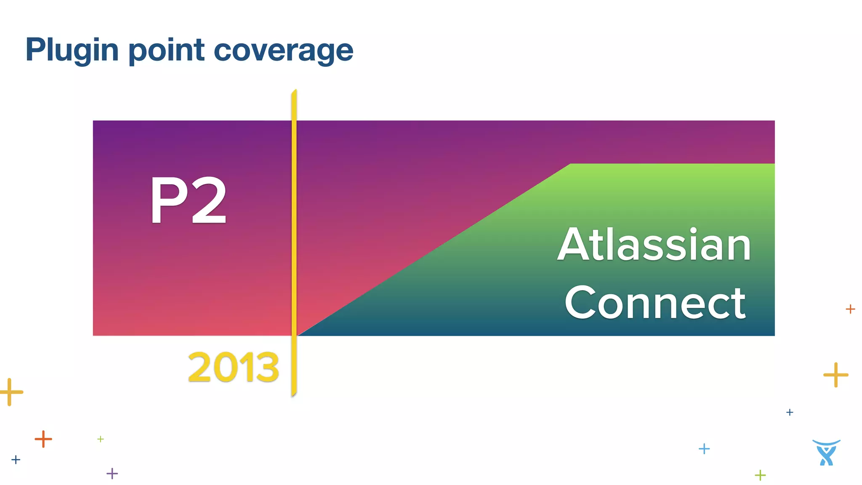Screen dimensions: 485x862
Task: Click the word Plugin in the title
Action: coord(72,51)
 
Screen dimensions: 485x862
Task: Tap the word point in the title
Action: coord(166,51)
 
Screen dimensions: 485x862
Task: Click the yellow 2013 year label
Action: coord(233,367)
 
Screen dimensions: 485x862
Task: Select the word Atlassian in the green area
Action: coord(654,245)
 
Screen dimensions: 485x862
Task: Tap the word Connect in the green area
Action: coord(655,303)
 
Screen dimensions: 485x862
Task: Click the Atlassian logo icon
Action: coord(826,453)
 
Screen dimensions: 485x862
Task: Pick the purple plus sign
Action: coord(112,474)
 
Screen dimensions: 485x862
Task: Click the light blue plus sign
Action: coord(704,449)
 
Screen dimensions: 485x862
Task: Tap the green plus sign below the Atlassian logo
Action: coord(760,475)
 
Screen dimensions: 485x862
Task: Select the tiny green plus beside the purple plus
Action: coord(101,439)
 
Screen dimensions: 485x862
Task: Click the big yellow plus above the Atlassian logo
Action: coord(835,374)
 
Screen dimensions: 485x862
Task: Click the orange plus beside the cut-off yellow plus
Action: coord(43,439)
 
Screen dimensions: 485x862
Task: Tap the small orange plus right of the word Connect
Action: coord(850,309)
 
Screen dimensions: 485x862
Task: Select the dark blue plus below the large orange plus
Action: coord(16,459)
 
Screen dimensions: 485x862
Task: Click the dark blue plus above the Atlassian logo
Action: coord(790,412)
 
